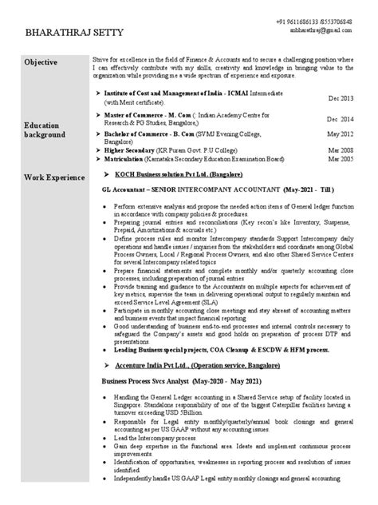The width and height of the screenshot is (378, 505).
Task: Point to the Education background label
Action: pyautogui.click(x=45, y=130)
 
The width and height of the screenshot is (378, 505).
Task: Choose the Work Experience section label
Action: pyautogui.click(x=53, y=175)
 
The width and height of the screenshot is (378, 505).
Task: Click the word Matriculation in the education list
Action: pyautogui.click(x=127, y=159)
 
